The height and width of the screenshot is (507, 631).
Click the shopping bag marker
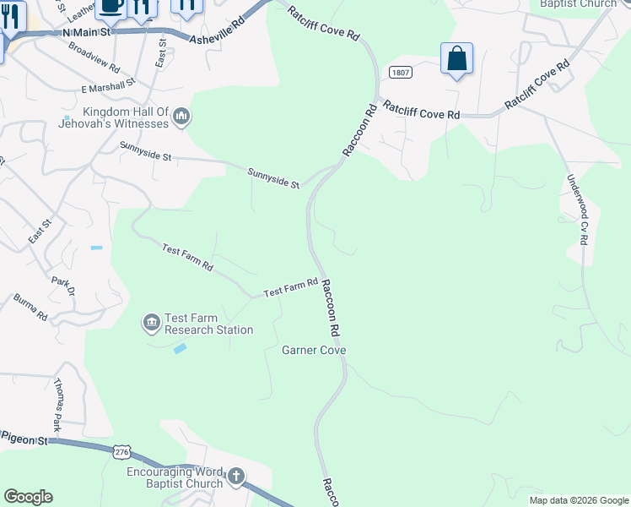click(x=456, y=59)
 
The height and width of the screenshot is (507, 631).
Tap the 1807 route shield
click(x=401, y=74)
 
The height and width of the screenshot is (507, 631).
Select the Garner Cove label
click(x=315, y=350)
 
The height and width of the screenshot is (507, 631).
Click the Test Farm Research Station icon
click(x=151, y=322)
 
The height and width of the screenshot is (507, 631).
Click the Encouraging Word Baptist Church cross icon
click(x=235, y=477)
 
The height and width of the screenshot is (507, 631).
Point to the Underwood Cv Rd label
click(x=577, y=210)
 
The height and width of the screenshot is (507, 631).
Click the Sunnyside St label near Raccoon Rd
click(x=274, y=177)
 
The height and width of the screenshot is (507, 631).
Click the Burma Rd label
click(x=30, y=307)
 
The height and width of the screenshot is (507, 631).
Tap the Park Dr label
click(x=63, y=286)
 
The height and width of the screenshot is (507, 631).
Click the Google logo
click(x=28, y=497)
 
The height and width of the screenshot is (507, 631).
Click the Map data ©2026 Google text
click(x=578, y=500)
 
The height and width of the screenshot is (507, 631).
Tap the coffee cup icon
click(x=111, y=7)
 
